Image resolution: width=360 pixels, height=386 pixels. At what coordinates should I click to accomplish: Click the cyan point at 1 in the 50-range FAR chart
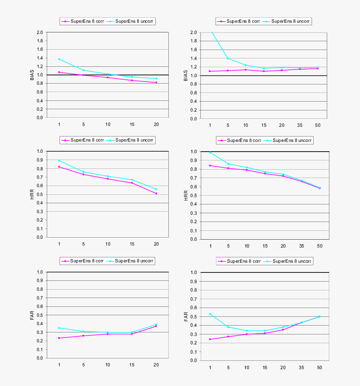210,314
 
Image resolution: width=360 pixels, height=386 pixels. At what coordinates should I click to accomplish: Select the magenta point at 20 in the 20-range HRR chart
156,193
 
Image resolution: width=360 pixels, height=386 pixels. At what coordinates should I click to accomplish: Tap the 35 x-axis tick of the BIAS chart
300,125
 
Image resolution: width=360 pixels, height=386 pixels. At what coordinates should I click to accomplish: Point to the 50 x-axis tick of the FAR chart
319,367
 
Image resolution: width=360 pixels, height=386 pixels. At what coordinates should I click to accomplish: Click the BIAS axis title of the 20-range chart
32,75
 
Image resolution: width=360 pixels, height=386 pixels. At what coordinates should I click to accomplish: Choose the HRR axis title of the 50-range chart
186,196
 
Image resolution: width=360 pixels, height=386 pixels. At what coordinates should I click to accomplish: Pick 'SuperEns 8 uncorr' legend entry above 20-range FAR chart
132,261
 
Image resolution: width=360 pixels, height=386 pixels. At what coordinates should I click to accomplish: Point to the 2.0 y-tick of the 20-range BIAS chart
40,32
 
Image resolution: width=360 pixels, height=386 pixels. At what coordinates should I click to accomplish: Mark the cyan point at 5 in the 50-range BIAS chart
228,58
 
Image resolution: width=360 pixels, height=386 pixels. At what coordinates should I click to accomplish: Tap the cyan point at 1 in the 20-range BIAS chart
59,59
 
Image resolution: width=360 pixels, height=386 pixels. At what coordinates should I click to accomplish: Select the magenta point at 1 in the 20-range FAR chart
59,338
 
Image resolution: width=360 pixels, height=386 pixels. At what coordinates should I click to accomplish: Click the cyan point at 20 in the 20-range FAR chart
156,324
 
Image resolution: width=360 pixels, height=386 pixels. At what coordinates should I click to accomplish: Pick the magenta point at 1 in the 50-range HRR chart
210,166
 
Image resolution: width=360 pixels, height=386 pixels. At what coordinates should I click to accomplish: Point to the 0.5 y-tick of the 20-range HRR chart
40,194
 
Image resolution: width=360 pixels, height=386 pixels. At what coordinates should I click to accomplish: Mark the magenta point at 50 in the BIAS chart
318,68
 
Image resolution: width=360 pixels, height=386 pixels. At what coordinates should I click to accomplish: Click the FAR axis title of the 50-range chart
186,316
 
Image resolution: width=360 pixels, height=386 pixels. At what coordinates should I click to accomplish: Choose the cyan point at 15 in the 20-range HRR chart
132,180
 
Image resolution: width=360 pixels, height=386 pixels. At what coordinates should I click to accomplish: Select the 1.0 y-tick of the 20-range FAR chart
40,272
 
